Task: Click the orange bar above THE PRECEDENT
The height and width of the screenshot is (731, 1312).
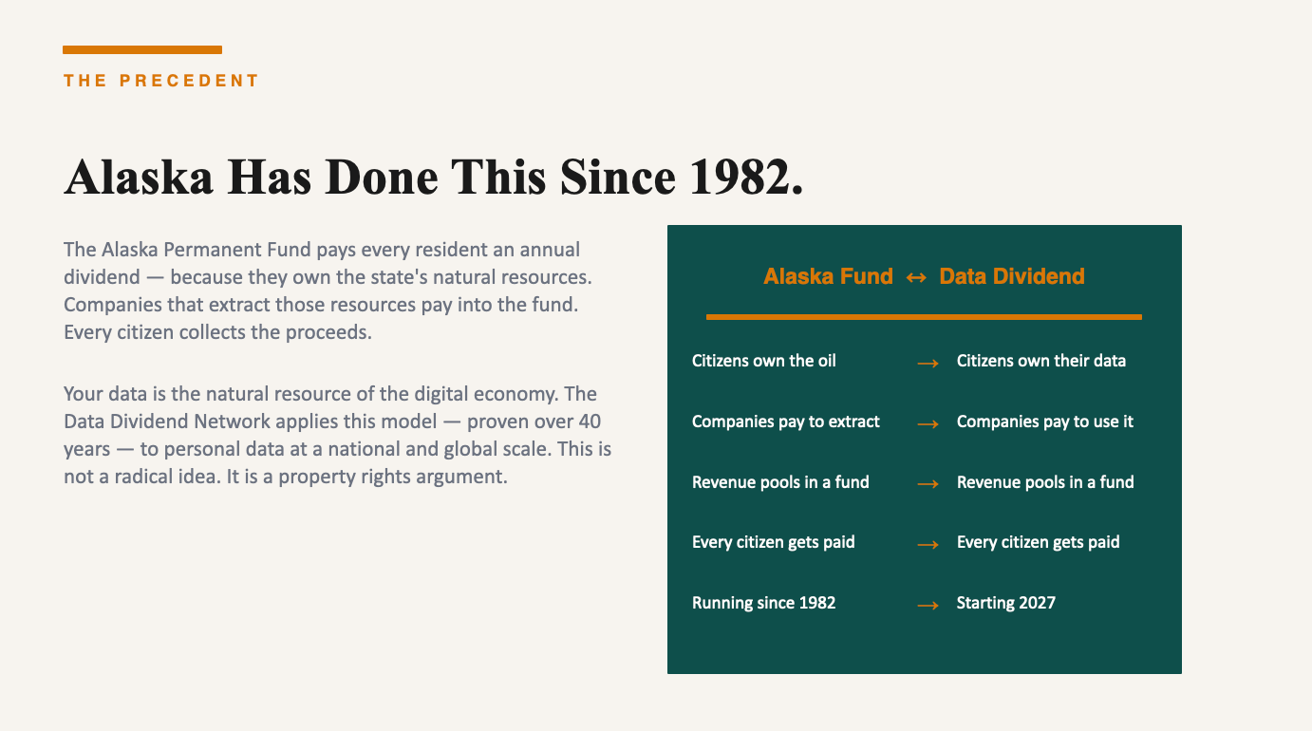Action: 142,49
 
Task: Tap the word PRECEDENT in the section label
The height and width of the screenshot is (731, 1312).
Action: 189,81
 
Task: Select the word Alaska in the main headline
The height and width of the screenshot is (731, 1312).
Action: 139,177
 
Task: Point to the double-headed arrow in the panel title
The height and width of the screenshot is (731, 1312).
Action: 916,277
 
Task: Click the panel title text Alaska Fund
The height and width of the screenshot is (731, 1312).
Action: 828,276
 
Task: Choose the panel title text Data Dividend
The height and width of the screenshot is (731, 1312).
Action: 1011,276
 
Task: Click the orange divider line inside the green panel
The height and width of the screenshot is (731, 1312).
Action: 924,317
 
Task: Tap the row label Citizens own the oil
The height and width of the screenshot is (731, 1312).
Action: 764,361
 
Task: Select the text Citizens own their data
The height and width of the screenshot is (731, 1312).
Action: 1040,361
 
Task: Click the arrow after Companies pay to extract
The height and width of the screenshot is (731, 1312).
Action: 928,424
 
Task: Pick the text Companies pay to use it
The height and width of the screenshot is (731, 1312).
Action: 1045,422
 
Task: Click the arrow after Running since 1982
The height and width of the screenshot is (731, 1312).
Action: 928,605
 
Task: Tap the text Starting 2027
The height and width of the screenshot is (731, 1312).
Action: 1005,603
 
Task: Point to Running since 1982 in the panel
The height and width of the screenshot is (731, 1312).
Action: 764,603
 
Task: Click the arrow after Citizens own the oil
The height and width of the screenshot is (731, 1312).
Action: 928,364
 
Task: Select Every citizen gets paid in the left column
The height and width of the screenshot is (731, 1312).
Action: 773,542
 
